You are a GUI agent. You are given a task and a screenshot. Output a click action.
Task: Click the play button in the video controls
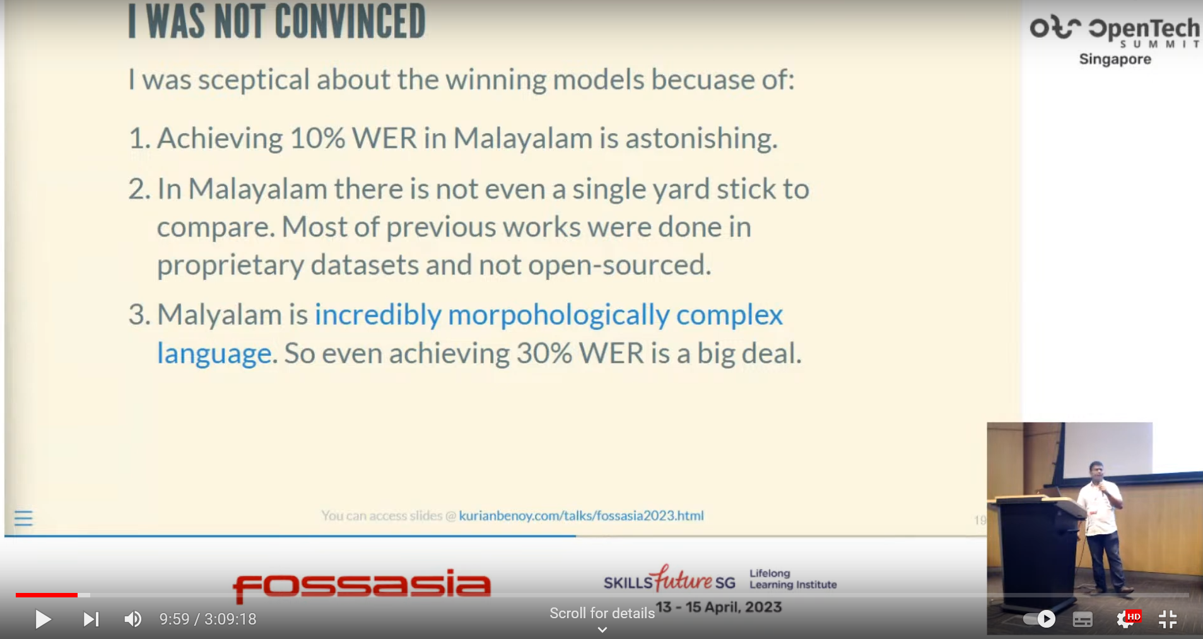pyautogui.click(x=43, y=619)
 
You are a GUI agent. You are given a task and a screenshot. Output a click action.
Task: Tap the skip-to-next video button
pyautogui.click(x=91, y=619)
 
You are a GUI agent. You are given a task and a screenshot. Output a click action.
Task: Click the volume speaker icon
pyautogui.click(x=133, y=619)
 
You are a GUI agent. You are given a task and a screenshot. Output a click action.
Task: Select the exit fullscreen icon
pyautogui.click(x=1168, y=619)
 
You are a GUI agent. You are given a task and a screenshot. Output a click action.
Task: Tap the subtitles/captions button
pyautogui.click(x=1083, y=619)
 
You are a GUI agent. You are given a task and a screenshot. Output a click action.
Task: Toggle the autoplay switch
pyautogui.click(x=1039, y=619)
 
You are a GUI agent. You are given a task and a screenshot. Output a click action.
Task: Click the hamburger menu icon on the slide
pyautogui.click(x=23, y=519)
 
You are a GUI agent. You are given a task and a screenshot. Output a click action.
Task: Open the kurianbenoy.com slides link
pyautogui.click(x=581, y=516)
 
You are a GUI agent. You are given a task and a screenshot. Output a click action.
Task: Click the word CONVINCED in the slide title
pyautogui.click(x=350, y=21)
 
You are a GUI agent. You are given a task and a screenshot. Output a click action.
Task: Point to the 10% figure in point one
pyautogui.click(x=317, y=138)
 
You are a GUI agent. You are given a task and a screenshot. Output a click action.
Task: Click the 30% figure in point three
pyautogui.click(x=544, y=353)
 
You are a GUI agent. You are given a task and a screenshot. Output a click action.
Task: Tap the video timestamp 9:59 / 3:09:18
pyautogui.click(x=208, y=619)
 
